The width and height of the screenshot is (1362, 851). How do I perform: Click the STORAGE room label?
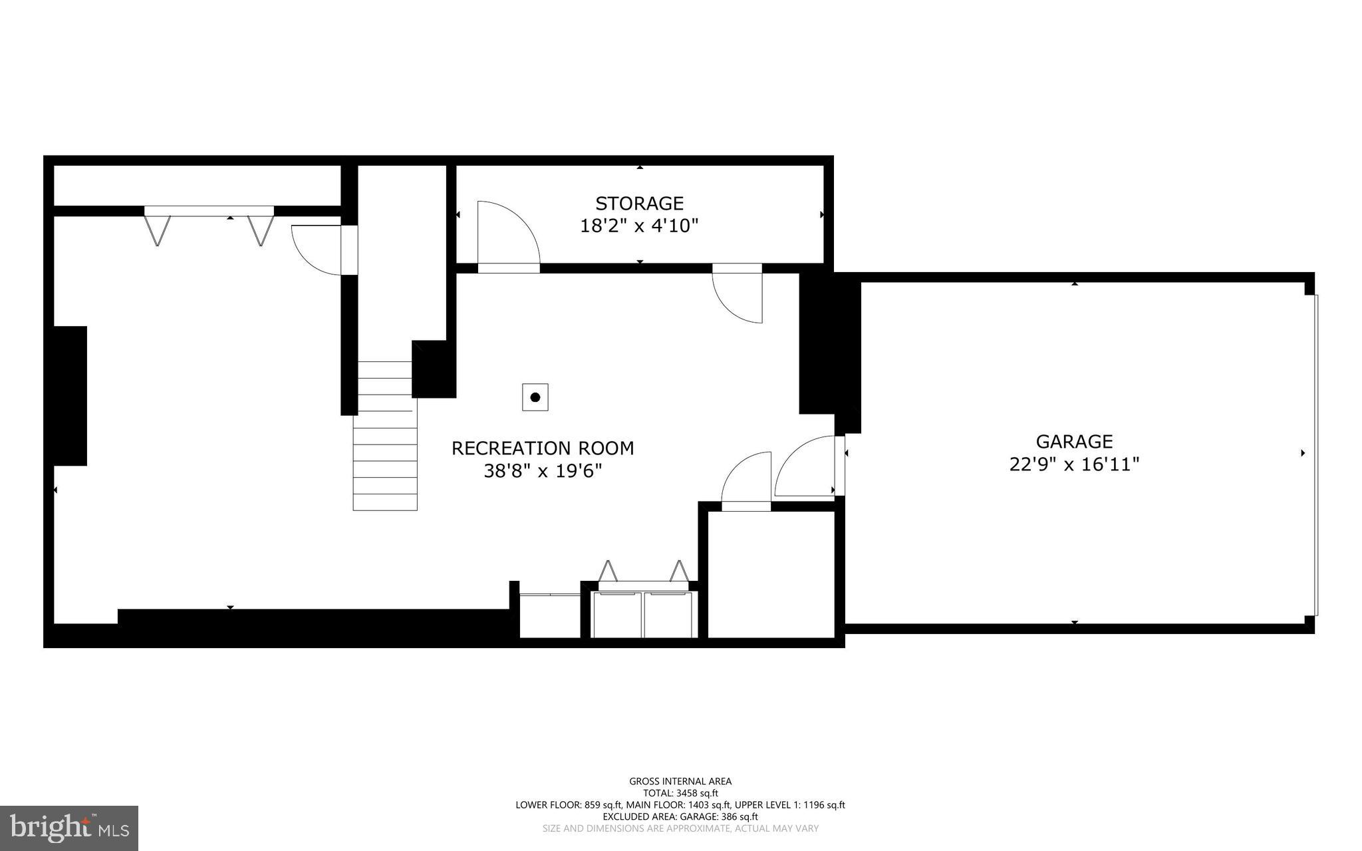(x=639, y=203)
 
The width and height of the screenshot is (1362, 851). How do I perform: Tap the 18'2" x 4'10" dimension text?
(x=639, y=226)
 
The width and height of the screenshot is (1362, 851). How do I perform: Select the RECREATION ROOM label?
(x=543, y=448)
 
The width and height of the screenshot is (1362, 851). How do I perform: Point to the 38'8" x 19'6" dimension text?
(x=543, y=471)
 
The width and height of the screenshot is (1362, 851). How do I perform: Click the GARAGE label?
(x=1074, y=441)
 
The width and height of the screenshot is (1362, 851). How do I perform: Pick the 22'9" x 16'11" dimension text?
(x=1074, y=464)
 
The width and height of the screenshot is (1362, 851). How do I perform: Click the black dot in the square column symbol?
(x=535, y=397)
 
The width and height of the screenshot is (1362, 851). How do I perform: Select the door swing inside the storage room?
(x=505, y=233)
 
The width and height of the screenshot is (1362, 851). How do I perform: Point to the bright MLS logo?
(x=69, y=828)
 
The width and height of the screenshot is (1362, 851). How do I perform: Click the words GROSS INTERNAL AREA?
(x=680, y=781)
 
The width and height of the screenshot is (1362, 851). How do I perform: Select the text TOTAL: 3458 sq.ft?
(x=680, y=793)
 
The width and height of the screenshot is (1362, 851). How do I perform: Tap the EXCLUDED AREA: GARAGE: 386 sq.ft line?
(x=680, y=816)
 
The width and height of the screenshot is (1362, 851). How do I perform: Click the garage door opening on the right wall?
(x=1316, y=454)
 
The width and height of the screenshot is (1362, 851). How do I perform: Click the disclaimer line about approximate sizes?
(x=680, y=828)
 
